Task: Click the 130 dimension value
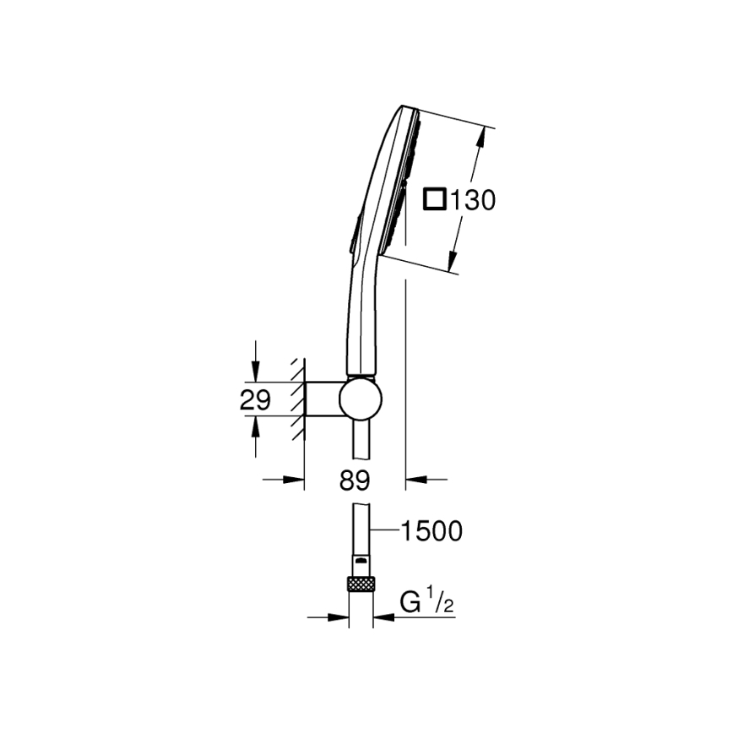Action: [471, 201]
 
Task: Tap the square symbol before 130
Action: [434, 200]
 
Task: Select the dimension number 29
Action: [255, 400]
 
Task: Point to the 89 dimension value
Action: [355, 481]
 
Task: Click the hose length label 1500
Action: [431, 531]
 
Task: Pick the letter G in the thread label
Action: [410, 603]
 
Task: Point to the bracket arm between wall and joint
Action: [323, 399]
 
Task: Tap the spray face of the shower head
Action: [397, 182]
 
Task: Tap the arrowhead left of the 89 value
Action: [296, 480]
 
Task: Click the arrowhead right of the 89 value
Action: [415, 480]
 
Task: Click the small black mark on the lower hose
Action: [361, 559]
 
